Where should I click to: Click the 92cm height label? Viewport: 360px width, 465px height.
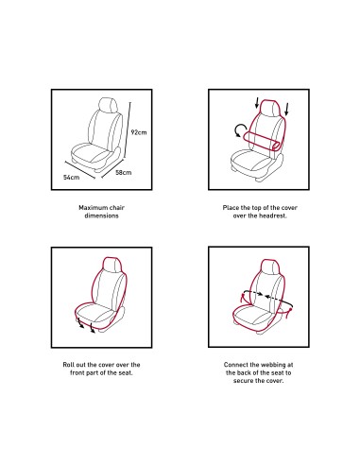tap(139, 132)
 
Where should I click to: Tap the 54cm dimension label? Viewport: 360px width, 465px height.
tap(71, 178)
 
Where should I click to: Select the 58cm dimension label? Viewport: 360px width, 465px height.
tap(124, 172)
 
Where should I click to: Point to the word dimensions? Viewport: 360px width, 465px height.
tap(101, 215)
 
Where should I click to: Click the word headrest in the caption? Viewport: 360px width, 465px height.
tap(273, 215)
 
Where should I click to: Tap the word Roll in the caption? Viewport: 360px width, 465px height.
tap(68, 365)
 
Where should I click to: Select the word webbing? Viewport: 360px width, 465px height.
tap(272, 365)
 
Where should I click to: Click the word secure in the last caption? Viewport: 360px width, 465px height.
tap(243, 381)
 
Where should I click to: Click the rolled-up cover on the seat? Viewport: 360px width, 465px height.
tap(262, 141)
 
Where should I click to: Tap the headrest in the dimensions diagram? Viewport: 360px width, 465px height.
tap(109, 105)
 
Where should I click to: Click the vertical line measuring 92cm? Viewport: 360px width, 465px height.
tap(128, 129)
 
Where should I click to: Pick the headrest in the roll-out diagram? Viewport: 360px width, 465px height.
tap(112, 266)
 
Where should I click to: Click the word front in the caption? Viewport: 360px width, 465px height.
tap(77, 372)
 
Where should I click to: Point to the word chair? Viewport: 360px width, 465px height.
tap(116, 208)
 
